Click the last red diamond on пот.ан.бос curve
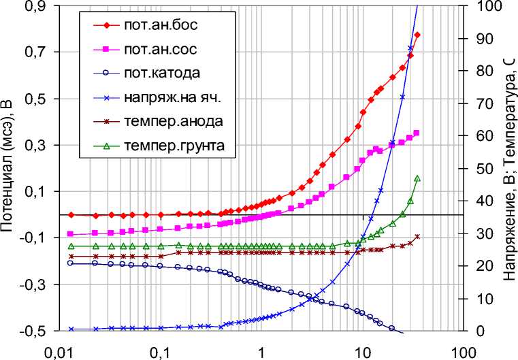[417, 35]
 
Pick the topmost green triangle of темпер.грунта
[417, 178]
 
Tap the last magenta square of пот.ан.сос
[417, 133]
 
